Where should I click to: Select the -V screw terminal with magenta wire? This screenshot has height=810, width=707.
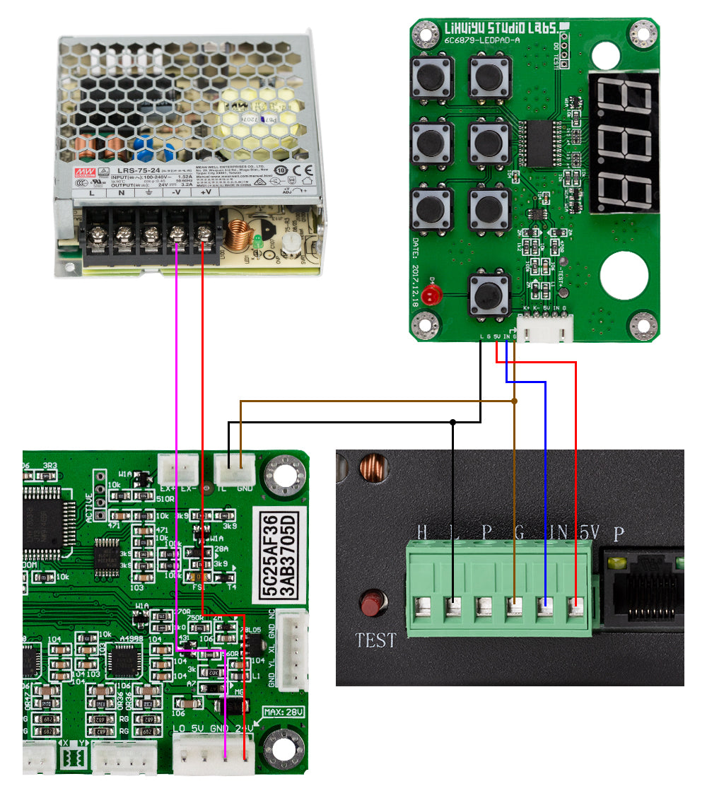(x=176, y=231)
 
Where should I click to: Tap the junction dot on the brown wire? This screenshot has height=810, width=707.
(x=514, y=401)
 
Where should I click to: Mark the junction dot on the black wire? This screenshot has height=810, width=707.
(x=452, y=423)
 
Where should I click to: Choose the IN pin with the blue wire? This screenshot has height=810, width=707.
(x=545, y=606)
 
